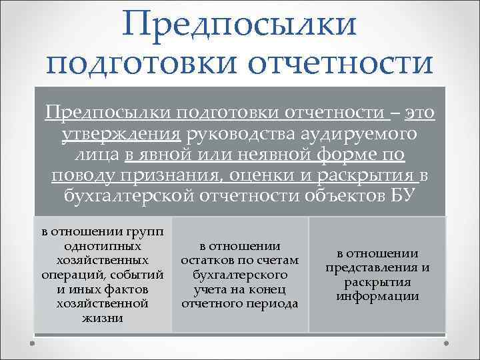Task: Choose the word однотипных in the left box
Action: coord(103,246)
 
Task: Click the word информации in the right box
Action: coord(377,297)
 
